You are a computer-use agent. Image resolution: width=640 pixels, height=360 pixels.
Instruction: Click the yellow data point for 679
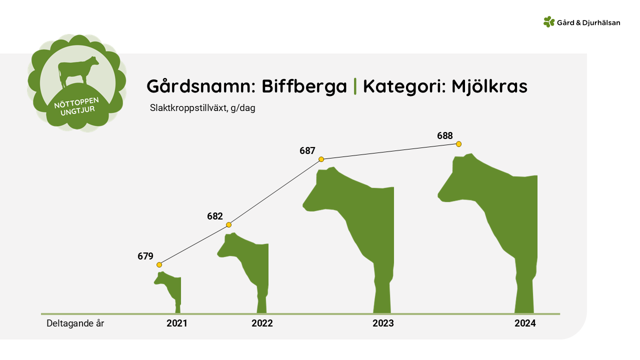pyautogui.click(x=159, y=265)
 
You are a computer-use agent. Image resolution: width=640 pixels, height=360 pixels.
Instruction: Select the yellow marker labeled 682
pyautogui.click(x=228, y=225)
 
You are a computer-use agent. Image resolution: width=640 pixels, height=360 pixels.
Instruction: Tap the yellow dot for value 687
pyautogui.click(x=321, y=159)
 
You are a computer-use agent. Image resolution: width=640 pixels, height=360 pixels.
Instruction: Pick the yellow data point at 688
pyautogui.click(x=458, y=144)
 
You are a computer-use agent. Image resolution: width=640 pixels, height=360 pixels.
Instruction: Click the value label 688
pyautogui.click(x=445, y=135)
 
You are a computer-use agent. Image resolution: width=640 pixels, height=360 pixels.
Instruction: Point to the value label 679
pyautogui.click(x=145, y=256)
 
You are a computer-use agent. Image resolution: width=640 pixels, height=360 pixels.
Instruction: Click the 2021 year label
pyautogui.click(x=177, y=323)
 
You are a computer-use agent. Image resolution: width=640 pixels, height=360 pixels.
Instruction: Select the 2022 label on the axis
pyautogui.click(x=262, y=323)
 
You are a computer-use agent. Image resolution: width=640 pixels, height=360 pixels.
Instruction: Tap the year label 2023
pyautogui.click(x=383, y=323)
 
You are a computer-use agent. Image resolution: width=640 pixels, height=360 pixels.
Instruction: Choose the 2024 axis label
pyautogui.click(x=525, y=323)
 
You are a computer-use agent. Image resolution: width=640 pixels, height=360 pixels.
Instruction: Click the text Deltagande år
pyautogui.click(x=75, y=323)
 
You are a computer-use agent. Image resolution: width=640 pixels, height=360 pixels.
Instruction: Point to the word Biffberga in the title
pyautogui.click(x=304, y=86)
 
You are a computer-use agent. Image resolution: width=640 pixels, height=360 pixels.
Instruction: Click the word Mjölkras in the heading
pyautogui.click(x=489, y=86)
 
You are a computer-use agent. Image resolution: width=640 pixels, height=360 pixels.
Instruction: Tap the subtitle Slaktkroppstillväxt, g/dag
pyautogui.click(x=202, y=108)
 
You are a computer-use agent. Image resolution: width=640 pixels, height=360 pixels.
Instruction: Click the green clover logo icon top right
pyautogui.click(x=549, y=21)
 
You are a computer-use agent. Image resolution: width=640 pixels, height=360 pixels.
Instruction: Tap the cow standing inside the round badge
pyautogui.click(x=77, y=71)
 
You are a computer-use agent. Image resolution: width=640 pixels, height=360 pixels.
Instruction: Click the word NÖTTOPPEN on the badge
pyautogui.click(x=76, y=103)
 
